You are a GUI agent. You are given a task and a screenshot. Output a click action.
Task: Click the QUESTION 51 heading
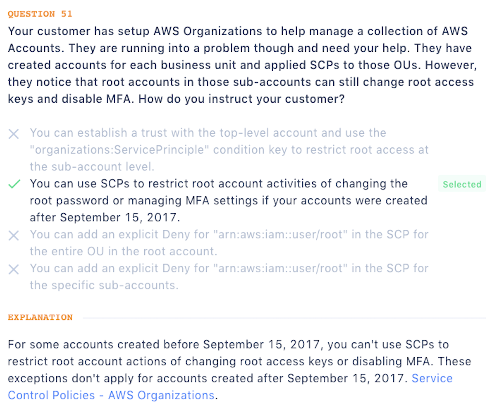click(40, 14)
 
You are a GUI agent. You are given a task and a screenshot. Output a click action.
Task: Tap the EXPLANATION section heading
click(40, 317)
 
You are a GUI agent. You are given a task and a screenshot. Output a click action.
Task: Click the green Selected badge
click(462, 185)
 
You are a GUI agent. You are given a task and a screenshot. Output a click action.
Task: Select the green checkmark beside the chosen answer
click(14, 184)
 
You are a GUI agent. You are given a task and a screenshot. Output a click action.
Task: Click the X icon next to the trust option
click(14, 134)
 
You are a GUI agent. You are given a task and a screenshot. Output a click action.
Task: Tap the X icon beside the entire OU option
click(14, 235)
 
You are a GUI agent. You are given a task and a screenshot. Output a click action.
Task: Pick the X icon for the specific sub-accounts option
click(14, 270)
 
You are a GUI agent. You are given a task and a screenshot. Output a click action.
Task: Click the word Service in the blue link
click(432, 378)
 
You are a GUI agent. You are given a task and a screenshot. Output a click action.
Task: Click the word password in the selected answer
click(73, 201)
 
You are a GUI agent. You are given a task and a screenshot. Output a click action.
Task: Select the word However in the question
click(451, 65)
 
